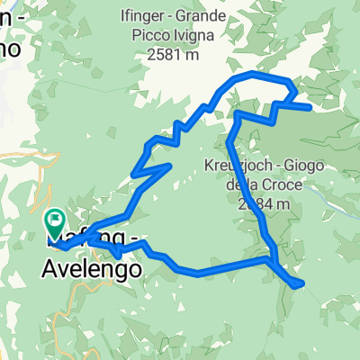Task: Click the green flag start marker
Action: pos(55,218)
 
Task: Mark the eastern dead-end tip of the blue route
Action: pos(311,107)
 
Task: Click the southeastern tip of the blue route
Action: pos(302,284)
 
